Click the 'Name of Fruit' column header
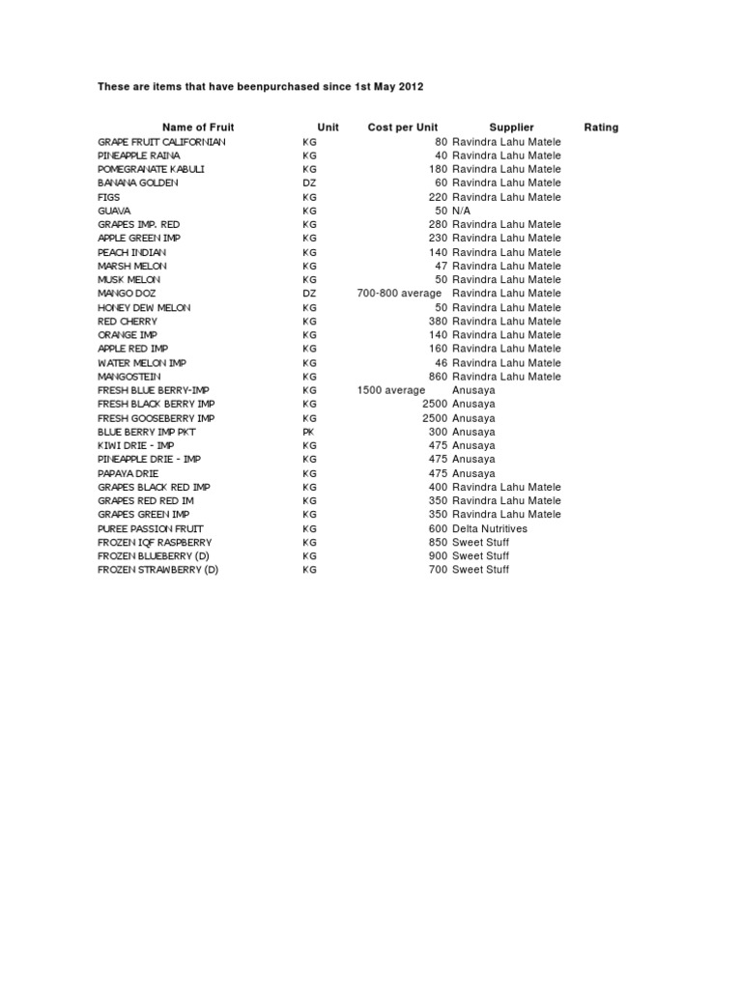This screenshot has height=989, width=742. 198,127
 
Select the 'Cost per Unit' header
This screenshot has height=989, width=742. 403,127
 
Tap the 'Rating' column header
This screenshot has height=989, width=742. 601,127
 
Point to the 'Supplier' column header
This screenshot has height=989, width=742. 511,127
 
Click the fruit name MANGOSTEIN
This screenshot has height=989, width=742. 129,377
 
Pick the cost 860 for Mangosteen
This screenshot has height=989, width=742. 439,377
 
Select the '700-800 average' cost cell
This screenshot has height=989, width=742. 399,294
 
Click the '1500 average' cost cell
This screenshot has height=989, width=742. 390,390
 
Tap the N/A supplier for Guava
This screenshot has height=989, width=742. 462,211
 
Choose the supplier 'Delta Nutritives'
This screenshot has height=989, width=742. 491,528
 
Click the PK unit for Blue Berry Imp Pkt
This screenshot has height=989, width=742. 308,432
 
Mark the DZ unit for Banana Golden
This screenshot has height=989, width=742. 309,183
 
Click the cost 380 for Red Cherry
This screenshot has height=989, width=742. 439,322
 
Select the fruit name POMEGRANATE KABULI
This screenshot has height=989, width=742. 151,169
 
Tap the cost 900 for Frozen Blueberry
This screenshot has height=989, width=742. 439,556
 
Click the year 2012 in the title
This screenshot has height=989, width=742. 410,87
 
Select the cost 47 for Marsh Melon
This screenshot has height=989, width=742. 442,266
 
